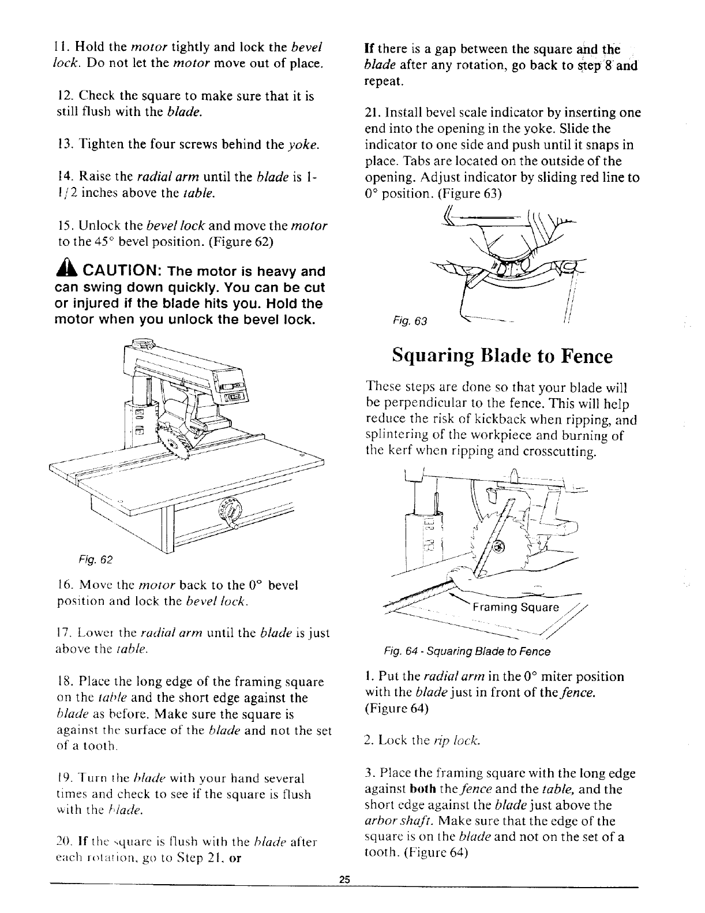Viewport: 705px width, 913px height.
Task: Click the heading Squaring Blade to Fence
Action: (x=501, y=356)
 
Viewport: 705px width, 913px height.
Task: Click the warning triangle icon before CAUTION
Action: (x=63, y=271)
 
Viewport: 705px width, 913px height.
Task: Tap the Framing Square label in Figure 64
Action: (x=515, y=607)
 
